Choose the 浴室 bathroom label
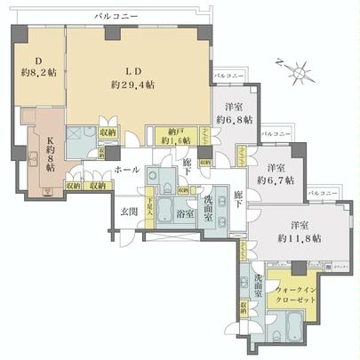point(185,214)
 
